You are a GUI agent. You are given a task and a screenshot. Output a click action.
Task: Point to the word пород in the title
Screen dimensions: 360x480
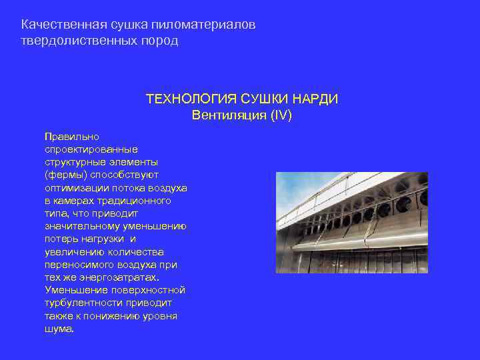162,41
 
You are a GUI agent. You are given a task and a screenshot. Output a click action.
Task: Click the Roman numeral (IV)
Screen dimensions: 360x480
281,115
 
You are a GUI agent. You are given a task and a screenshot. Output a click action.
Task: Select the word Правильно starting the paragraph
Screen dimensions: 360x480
71,137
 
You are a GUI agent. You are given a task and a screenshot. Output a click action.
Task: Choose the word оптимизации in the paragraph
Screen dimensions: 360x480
74,188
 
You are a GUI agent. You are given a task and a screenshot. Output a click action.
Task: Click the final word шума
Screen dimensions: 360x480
59,329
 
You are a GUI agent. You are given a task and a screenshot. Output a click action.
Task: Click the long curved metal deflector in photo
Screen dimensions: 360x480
360,244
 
